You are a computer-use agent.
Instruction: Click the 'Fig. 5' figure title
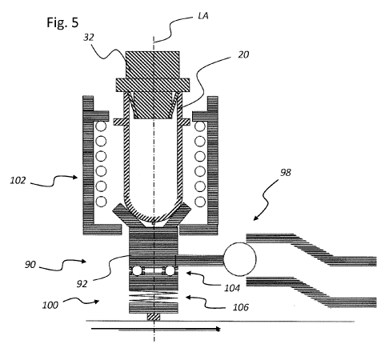62,22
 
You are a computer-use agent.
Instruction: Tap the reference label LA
203,16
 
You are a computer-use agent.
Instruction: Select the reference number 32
89,38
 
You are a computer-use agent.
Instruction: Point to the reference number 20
243,54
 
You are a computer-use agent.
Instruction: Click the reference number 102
18,181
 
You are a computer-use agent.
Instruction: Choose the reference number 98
285,173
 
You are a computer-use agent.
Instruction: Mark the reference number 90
30,265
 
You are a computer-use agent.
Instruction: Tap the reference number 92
82,284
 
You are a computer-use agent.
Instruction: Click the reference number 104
232,288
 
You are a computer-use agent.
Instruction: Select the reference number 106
241,307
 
